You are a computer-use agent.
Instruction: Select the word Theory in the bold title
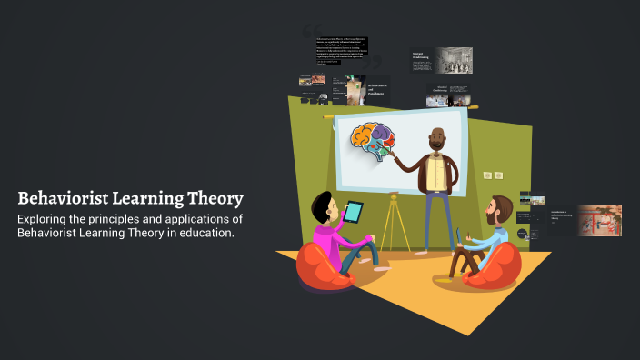(x=214, y=198)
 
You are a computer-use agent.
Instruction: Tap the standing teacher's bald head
(x=437, y=137)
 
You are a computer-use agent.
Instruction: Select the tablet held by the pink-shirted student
(x=354, y=212)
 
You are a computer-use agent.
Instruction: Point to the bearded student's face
(x=499, y=212)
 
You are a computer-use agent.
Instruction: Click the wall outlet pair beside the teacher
(x=493, y=175)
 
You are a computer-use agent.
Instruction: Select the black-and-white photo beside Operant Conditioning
(x=454, y=60)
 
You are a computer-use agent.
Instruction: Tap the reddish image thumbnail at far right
(x=600, y=221)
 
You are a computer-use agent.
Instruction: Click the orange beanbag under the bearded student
(x=494, y=271)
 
